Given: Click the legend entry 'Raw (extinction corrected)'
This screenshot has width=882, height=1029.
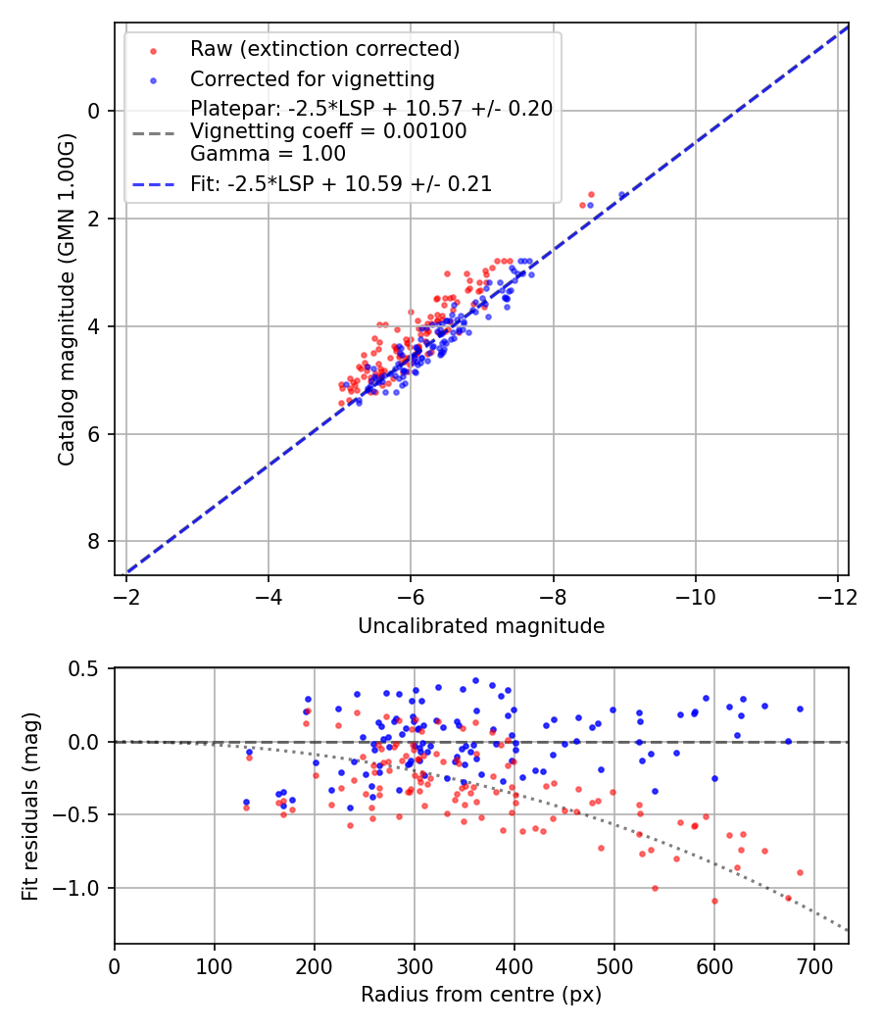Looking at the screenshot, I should [x=324, y=49].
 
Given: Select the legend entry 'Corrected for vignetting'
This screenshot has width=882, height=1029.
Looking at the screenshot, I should [x=312, y=78].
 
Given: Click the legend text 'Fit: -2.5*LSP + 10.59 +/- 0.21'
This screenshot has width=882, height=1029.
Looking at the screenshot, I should [x=340, y=183].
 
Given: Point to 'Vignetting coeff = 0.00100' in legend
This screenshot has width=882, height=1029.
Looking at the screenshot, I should [x=328, y=131].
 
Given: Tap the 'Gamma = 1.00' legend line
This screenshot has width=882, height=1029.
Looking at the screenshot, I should [x=268, y=154].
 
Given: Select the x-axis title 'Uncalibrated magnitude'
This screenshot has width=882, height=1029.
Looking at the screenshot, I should [x=481, y=625].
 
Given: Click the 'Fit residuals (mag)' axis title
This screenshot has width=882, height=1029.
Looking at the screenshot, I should [x=30, y=806].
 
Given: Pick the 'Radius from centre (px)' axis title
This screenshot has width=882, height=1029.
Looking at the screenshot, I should [x=481, y=995].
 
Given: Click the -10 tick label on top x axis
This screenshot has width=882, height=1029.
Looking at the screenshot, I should [x=695, y=596].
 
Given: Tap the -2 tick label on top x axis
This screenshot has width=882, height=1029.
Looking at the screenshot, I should [x=126, y=596].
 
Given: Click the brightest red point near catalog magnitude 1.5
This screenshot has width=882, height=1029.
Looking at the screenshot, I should [x=591, y=194].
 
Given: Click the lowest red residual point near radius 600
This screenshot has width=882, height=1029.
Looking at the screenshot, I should [x=714, y=901].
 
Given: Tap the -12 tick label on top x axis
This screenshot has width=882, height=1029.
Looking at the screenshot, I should [x=837, y=596].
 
